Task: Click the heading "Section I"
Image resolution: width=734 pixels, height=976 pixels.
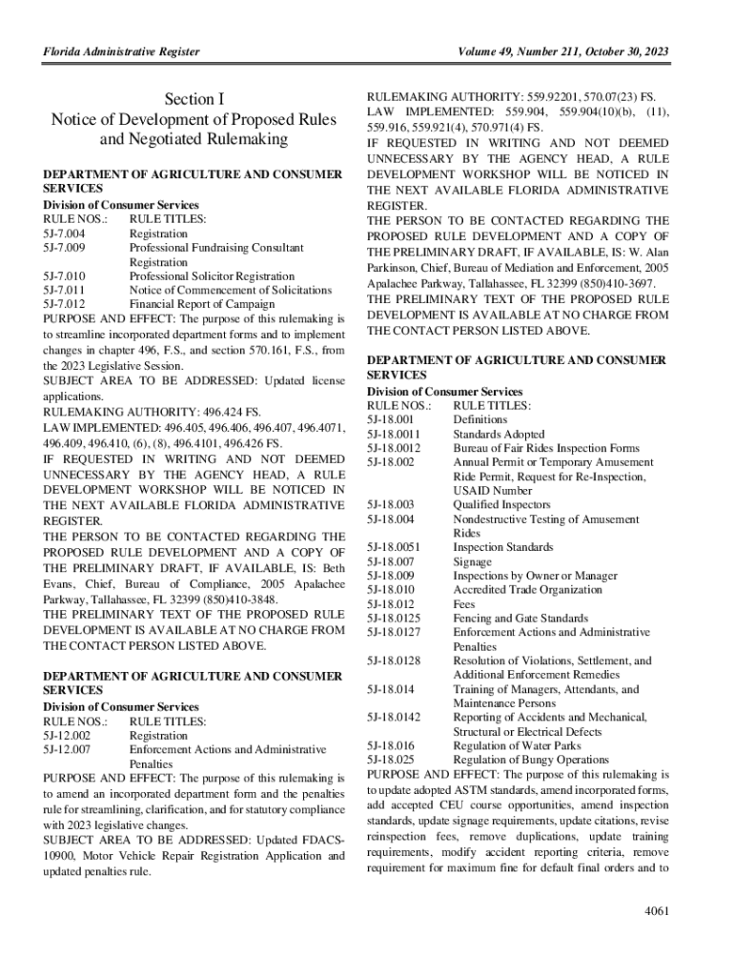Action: coord(194,99)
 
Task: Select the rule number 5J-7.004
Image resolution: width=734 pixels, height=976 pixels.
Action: coord(65,233)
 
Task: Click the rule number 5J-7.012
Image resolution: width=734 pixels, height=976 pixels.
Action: coord(65,304)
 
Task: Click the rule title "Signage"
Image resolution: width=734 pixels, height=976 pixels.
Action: coord(473,561)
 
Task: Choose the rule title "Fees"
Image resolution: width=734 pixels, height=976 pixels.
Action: coord(464,604)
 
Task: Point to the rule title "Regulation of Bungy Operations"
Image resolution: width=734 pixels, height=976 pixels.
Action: coord(531,760)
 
